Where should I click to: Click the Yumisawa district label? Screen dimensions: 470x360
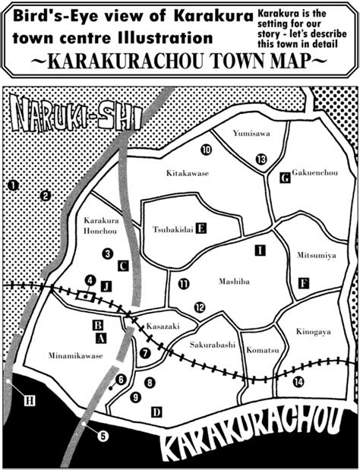click(x=250, y=134)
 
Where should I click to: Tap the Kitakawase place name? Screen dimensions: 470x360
click(x=187, y=173)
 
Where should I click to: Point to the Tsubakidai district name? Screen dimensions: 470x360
click(x=172, y=228)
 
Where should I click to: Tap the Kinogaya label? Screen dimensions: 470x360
click(x=313, y=332)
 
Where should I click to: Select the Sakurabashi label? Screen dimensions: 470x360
click(x=212, y=344)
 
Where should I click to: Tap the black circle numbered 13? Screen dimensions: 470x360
click(x=261, y=159)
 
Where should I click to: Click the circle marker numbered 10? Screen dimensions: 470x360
click(x=206, y=150)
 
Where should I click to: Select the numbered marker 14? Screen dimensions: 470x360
click(x=298, y=380)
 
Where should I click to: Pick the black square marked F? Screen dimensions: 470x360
click(x=304, y=283)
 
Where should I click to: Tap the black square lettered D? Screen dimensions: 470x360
click(x=156, y=412)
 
